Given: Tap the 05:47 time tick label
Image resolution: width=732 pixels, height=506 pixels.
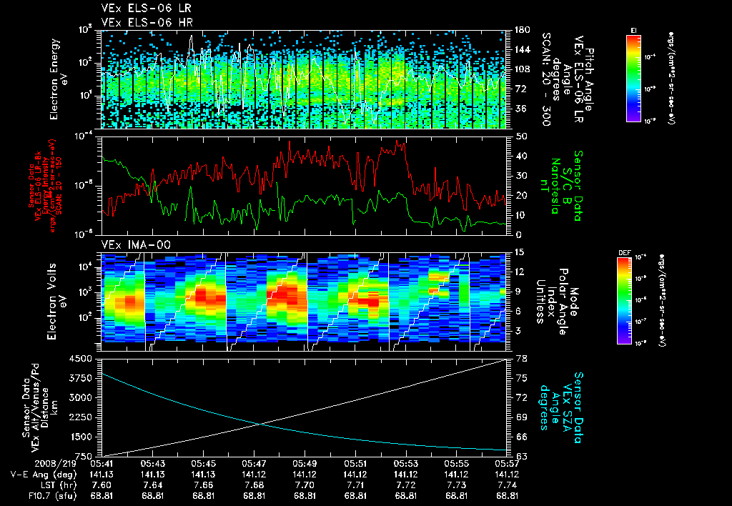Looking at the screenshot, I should [x=254, y=463].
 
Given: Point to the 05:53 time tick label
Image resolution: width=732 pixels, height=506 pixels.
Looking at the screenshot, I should [x=406, y=463].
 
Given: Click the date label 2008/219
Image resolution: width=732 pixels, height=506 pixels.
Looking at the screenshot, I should [x=28, y=463].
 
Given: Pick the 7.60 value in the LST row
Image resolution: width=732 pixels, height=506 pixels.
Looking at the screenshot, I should [x=103, y=484].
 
